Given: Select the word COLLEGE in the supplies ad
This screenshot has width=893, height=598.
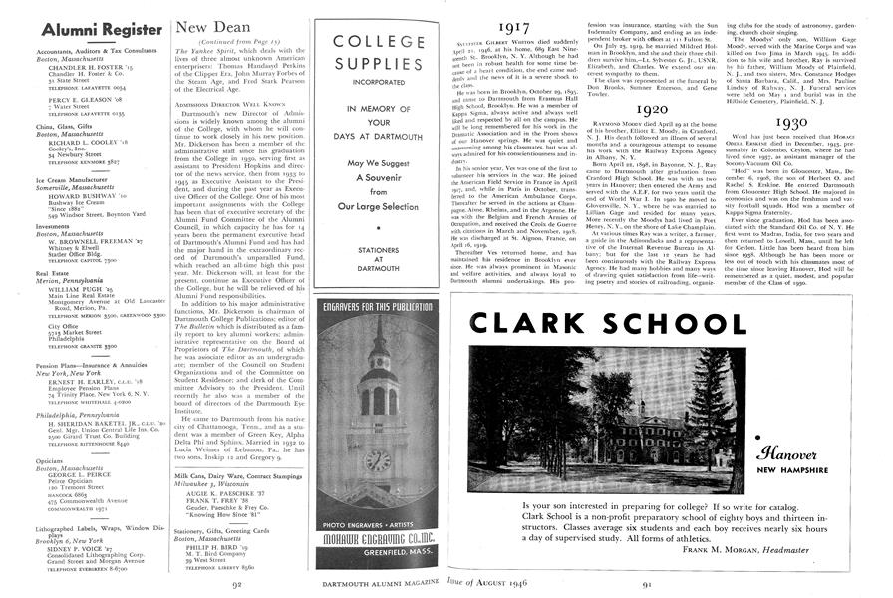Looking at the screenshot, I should tap(382, 43).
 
